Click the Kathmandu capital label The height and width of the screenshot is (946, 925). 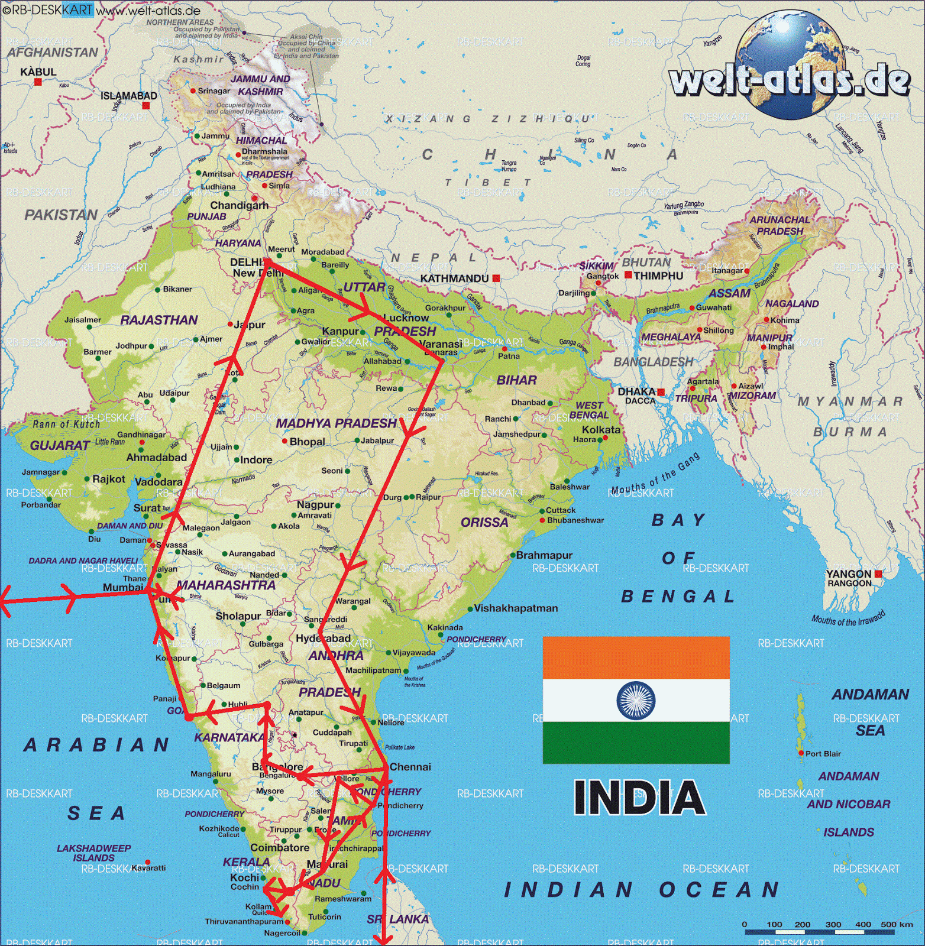(x=454, y=278)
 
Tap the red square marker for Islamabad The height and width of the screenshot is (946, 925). (x=146, y=106)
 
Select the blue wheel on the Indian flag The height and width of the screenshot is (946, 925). (x=636, y=700)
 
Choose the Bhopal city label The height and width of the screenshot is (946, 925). (x=307, y=442)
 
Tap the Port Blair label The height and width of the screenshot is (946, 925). (x=823, y=754)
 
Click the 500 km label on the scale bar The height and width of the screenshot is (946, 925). (x=897, y=924)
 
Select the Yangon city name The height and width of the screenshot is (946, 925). (x=848, y=574)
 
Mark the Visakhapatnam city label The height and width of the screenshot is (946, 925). (x=516, y=608)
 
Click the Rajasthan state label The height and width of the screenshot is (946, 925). (x=159, y=320)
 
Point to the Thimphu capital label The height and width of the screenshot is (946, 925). (x=658, y=276)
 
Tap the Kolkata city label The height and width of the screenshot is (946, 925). (x=601, y=430)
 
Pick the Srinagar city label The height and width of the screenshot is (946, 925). (x=214, y=91)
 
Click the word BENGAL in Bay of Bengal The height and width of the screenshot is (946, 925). (x=678, y=597)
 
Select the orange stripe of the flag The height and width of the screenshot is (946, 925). (x=636, y=657)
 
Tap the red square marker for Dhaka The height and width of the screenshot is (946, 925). (x=661, y=392)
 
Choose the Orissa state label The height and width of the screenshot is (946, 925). (x=484, y=523)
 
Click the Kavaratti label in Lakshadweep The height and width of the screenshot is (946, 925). (x=148, y=868)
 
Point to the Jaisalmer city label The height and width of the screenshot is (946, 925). (x=83, y=320)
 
